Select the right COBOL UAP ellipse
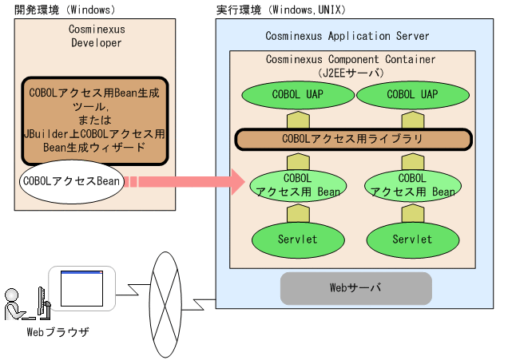(x=411, y=94)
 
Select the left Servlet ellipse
(x=297, y=239)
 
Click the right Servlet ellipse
(x=411, y=239)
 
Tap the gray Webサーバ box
(x=355, y=287)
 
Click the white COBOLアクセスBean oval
(x=72, y=181)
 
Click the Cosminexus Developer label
(x=97, y=36)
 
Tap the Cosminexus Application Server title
(x=347, y=37)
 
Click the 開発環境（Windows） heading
(x=65, y=10)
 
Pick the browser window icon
(x=83, y=287)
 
